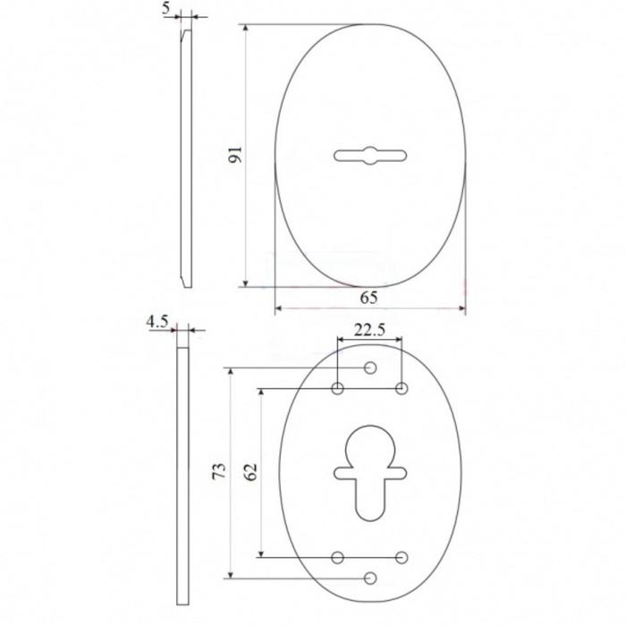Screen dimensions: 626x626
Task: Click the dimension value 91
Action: click(x=235, y=155)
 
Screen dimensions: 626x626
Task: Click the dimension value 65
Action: click(x=368, y=298)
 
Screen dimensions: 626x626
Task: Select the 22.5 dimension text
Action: click(x=369, y=330)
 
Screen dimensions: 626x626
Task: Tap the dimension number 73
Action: click(x=219, y=471)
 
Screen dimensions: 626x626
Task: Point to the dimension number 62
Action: click(x=250, y=472)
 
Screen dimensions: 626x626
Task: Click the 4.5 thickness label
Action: click(x=157, y=322)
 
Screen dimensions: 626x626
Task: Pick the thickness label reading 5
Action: click(x=166, y=9)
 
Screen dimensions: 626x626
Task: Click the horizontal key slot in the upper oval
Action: click(x=370, y=156)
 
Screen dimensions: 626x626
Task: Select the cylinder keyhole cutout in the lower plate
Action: click(x=370, y=473)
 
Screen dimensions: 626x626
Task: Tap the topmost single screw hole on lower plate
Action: click(x=370, y=368)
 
